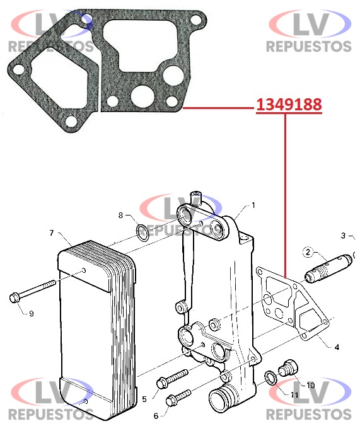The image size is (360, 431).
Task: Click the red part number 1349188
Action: coord(289,105)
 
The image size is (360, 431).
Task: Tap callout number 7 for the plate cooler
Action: coord(52,233)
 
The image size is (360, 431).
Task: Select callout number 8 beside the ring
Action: coord(120,215)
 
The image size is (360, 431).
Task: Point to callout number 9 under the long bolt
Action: coord(32,313)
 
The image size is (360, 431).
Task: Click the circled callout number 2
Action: coord(308,252)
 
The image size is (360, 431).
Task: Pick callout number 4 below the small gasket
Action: coord(337,347)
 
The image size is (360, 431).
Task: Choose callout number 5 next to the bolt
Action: coord(144,399)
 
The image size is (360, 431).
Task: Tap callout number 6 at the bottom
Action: coord(156,416)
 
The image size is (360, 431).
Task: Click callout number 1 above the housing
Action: coord(253,205)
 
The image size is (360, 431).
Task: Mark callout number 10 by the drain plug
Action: coord(310,385)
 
